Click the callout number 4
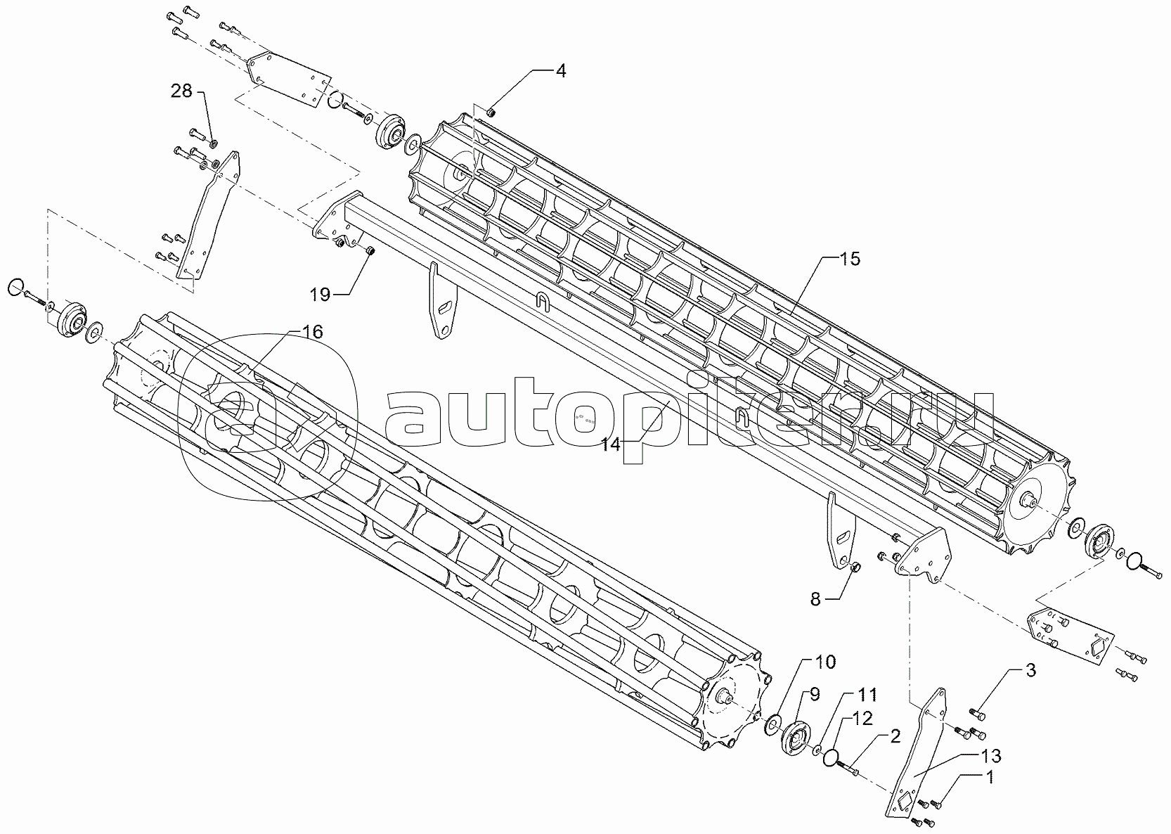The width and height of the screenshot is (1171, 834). (x=560, y=70)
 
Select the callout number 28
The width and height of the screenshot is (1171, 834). (x=181, y=91)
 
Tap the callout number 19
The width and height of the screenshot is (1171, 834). (x=320, y=294)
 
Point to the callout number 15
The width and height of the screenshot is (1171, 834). (x=850, y=259)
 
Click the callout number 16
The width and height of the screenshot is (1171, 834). (x=313, y=332)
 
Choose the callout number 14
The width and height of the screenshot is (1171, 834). (x=612, y=444)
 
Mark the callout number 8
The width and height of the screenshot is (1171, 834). (x=815, y=599)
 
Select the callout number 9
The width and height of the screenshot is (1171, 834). (x=815, y=694)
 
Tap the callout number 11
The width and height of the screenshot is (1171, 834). (x=867, y=695)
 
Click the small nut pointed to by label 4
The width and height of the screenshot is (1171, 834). (x=491, y=111)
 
